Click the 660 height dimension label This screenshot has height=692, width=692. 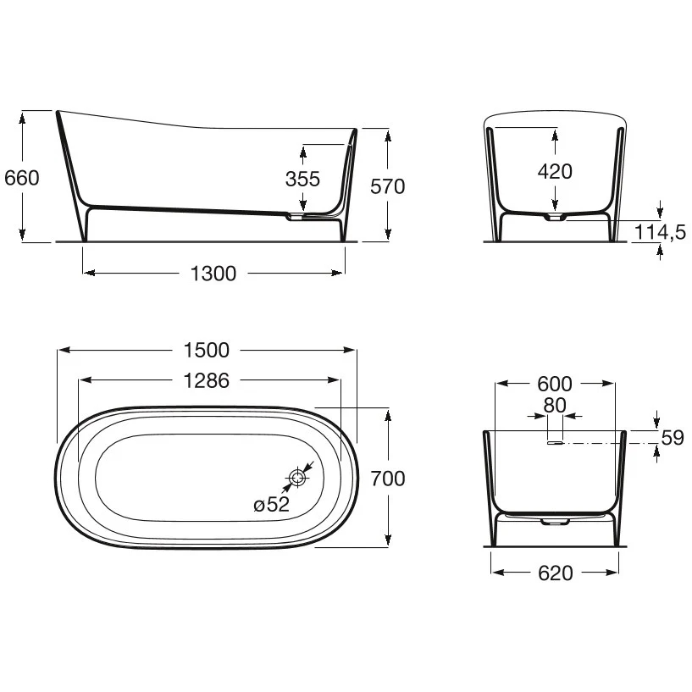pos(22,178)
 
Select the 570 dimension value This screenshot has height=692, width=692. pos(387,186)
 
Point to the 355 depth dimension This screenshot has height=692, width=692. pos(302,179)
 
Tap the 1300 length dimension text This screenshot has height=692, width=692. pos(213,274)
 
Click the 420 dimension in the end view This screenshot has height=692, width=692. pos(555,171)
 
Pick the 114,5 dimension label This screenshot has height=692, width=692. pos(660,232)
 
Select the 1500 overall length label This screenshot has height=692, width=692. pos(206,351)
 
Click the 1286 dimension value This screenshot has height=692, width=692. pos(206,380)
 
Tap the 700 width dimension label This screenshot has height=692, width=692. pos(387,479)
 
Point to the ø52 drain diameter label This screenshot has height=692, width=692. pos(271,504)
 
